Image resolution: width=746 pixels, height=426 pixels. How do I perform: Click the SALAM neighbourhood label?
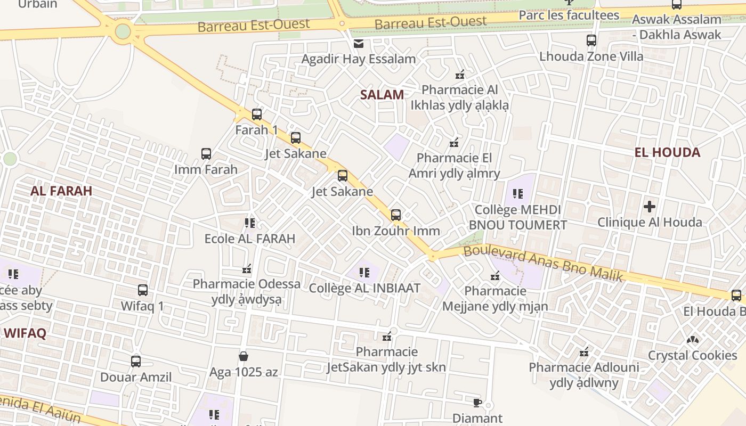382,95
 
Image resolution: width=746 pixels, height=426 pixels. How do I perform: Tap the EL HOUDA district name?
667,153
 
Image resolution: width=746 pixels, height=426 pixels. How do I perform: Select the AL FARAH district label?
61,191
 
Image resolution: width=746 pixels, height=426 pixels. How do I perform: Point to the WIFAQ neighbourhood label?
25,334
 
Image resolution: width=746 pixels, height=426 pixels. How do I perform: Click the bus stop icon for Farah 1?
257,114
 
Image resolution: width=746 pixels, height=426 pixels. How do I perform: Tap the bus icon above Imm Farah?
206,154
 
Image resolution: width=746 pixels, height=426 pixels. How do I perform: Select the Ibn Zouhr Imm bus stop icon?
396,215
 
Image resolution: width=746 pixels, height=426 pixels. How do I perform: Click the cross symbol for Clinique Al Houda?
650,206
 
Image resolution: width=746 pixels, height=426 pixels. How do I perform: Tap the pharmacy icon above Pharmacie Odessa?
247,269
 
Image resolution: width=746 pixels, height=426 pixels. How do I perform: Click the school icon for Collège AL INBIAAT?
364,273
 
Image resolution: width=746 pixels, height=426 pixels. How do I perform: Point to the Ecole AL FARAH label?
250,239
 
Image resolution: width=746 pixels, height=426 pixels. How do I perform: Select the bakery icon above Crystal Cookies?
692,339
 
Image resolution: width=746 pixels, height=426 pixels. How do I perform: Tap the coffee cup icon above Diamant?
477,402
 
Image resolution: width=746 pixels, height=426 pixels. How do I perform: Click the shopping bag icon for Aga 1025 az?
244,356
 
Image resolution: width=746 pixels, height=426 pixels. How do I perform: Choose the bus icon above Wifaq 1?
143,290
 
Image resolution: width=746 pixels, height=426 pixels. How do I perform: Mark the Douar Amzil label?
136,378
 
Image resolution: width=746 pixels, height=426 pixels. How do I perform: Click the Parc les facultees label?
569,15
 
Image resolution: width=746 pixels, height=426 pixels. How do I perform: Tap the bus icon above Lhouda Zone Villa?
591,40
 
